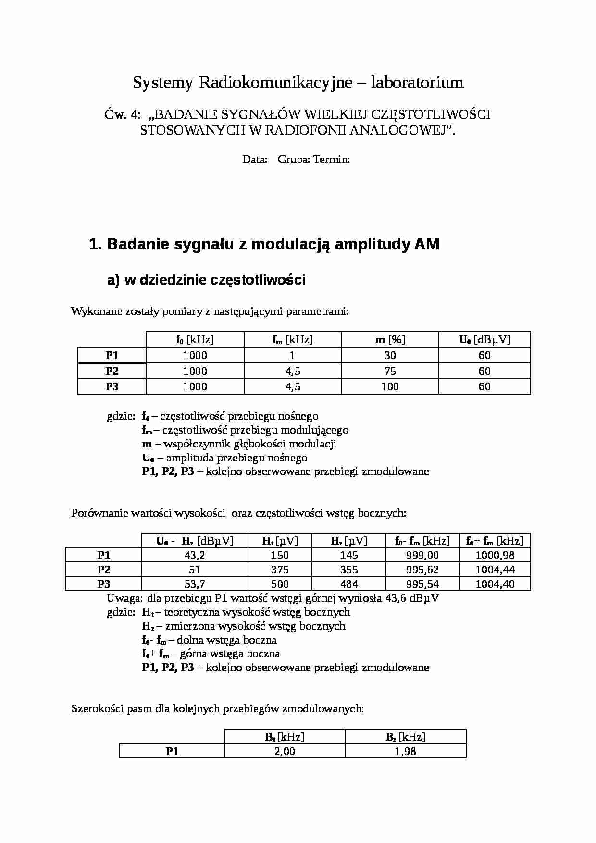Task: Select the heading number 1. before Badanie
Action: tap(96, 244)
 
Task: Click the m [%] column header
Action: tap(390, 340)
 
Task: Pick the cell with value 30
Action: tap(390, 355)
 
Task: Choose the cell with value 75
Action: tap(390, 371)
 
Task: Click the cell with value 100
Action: tap(390, 386)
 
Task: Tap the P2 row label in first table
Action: tap(112, 371)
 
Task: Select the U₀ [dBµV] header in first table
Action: tap(484, 340)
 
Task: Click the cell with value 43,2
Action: tap(195, 555)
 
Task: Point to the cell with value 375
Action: tap(280, 570)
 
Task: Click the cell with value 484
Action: tap(349, 584)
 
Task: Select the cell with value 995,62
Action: tap(422, 570)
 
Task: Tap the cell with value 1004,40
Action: tap(495, 584)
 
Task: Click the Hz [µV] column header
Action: tap(349, 541)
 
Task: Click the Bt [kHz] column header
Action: tap(285, 737)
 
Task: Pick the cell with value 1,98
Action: tap(405, 751)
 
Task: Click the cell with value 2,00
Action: tap(285, 751)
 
